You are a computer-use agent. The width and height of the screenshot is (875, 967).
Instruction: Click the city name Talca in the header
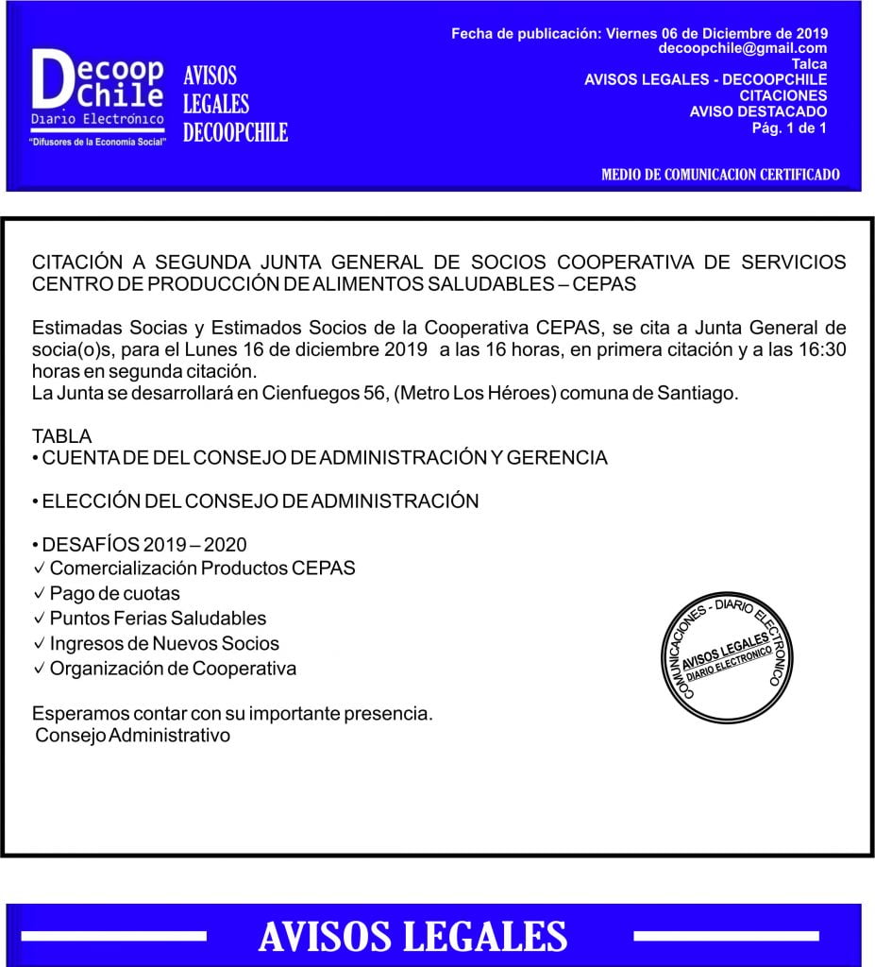(x=809, y=64)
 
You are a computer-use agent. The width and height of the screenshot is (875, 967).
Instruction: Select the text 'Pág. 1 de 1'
(x=789, y=127)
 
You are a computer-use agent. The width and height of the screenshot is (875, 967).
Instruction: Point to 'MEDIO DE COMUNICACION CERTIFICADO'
(x=720, y=175)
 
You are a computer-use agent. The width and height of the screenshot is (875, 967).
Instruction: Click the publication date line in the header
(x=639, y=34)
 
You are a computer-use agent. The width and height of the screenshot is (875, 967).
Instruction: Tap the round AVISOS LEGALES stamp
(x=720, y=657)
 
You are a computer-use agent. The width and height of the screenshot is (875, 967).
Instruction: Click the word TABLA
(x=62, y=436)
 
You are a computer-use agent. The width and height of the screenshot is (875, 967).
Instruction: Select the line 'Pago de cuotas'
(x=114, y=594)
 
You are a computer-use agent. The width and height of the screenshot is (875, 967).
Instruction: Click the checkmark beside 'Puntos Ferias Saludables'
(x=39, y=619)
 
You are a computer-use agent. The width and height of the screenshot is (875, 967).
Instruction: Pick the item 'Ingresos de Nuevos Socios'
(x=164, y=643)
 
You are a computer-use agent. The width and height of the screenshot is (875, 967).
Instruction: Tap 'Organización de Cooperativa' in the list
(x=173, y=669)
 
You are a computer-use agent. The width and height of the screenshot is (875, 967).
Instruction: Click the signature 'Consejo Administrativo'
(x=132, y=735)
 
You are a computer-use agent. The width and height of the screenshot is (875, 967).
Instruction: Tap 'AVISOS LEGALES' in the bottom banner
(x=412, y=937)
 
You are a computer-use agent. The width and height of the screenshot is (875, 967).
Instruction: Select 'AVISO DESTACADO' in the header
(x=758, y=111)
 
